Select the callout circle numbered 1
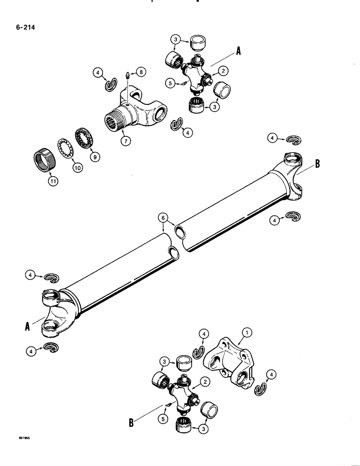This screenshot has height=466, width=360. tap(248, 332)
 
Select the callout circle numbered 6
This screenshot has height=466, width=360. tap(162, 217)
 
